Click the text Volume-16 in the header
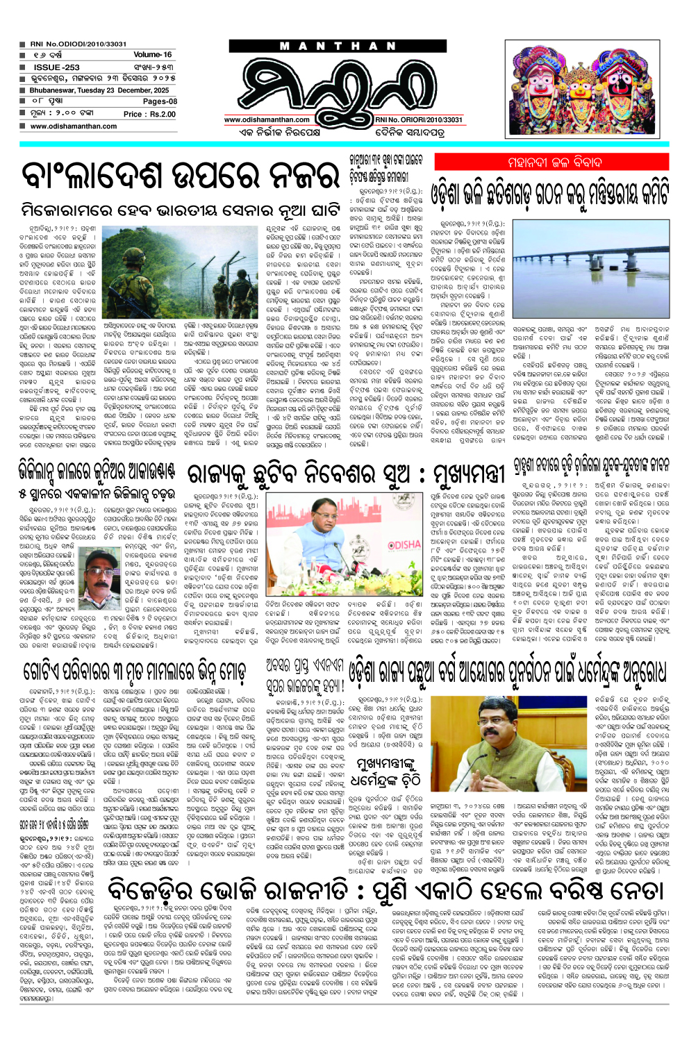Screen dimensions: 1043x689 coord(152,54)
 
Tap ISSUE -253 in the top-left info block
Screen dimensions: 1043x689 coord(57,67)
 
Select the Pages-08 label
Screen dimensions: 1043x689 coord(160,101)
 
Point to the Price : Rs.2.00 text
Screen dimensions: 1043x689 coord(149,114)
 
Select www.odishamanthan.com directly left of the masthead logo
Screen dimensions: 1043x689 coord(267,119)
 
